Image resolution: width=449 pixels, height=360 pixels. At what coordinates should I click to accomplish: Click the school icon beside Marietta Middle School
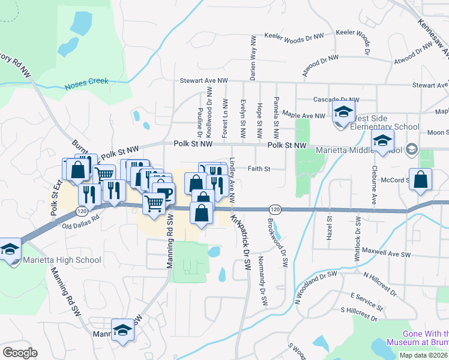(382, 142)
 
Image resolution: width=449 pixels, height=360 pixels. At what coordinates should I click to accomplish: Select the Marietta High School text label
(62, 260)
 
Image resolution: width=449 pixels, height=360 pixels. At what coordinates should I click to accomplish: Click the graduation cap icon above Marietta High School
(10, 248)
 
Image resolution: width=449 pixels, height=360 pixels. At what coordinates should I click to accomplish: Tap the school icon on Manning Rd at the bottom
(123, 329)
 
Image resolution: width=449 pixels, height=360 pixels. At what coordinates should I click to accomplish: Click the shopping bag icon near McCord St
(421, 179)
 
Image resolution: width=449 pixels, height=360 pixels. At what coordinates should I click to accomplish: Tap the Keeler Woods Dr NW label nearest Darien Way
(289, 37)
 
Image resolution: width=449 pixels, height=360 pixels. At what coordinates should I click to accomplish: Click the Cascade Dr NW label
(336, 100)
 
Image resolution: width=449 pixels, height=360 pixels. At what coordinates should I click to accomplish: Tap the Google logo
(20, 353)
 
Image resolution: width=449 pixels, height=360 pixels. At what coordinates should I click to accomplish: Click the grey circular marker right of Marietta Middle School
(412, 148)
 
